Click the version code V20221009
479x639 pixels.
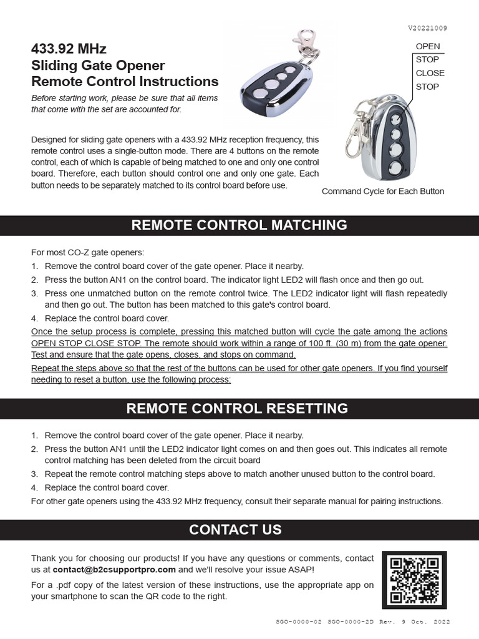point(427,28)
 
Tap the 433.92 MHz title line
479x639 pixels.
point(69,49)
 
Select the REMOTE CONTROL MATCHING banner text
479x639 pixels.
point(239,225)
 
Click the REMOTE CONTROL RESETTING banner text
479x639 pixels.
point(237,409)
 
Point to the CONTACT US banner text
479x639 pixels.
point(235,530)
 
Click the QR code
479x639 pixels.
point(414,580)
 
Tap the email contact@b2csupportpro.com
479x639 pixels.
point(114,570)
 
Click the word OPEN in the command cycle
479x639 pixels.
point(428,46)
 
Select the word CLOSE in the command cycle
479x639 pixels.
point(430,73)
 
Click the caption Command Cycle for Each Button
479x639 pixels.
point(383,192)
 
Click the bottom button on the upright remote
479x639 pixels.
point(394,167)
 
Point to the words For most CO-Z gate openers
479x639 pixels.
point(87,253)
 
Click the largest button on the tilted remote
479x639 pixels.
point(271,85)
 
